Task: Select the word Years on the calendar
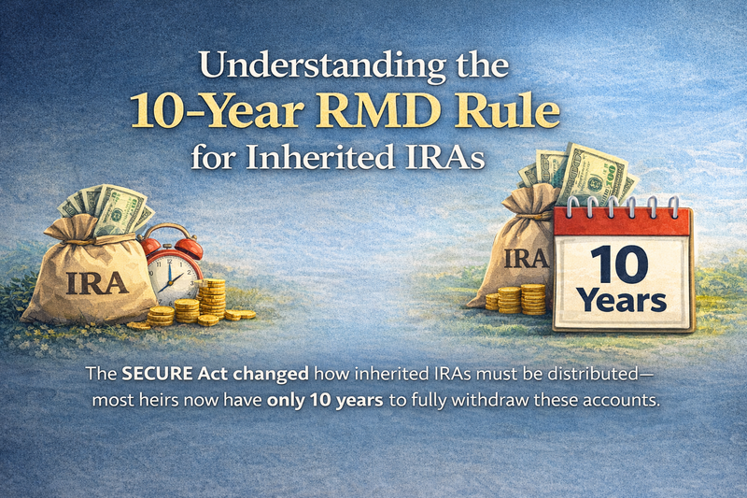point(621,302)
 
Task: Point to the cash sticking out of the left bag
point(110,207)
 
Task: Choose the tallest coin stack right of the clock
point(213,296)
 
